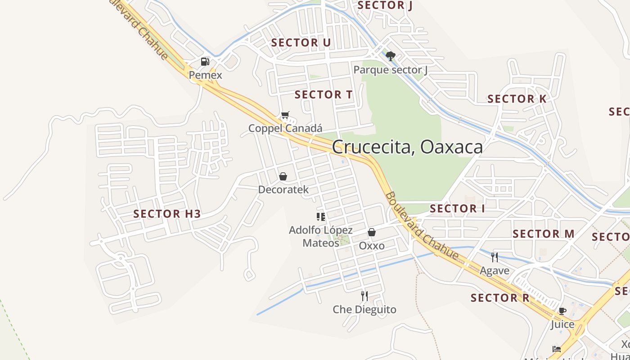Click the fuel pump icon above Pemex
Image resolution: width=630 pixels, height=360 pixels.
click(205, 62)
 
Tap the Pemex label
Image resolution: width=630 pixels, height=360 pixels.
click(205, 75)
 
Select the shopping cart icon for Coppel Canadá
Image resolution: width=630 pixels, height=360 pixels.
click(285, 115)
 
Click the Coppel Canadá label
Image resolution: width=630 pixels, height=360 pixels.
click(285, 129)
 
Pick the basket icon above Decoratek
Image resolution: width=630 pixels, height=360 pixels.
click(283, 176)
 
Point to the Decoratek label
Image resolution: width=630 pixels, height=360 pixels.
click(283, 189)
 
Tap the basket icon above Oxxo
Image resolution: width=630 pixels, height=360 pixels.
click(372, 232)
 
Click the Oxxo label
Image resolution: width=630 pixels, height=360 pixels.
click(372, 246)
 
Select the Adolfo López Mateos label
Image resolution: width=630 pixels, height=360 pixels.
click(320, 237)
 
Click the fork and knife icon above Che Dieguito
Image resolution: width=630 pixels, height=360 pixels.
click(364, 296)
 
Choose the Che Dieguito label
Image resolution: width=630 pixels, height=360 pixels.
click(364, 310)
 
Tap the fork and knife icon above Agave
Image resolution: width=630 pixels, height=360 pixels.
click(495, 257)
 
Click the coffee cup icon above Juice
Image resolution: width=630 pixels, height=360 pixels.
click(562, 311)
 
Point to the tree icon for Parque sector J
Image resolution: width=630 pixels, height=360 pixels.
click(391, 56)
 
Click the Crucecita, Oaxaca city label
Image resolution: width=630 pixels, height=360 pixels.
click(407, 147)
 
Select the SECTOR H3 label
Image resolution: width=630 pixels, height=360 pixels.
click(167, 214)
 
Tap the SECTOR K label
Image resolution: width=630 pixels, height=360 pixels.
click(517, 99)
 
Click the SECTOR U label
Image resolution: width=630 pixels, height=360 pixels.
click(301, 43)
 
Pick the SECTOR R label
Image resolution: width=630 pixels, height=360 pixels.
click(500, 298)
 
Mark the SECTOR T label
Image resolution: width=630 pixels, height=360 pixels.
click(324, 95)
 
